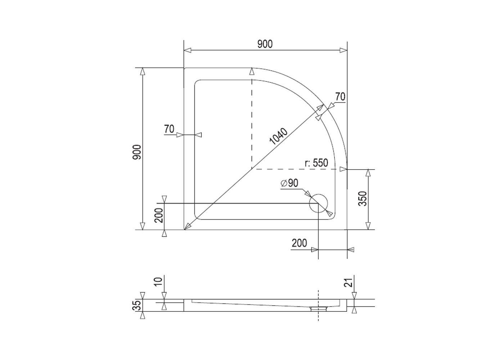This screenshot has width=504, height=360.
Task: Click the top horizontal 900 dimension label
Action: [x=265, y=44]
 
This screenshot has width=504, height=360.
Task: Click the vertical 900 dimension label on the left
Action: [x=136, y=152]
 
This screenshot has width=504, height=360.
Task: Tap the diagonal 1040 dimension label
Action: [x=279, y=136]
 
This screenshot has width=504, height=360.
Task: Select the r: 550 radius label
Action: [x=316, y=163]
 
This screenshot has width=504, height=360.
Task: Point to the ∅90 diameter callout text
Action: [x=289, y=183]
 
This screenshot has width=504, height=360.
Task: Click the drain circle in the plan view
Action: [x=318, y=203]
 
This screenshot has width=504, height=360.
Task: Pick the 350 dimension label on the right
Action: [x=363, y=199]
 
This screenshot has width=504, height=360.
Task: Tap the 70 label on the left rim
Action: [x=169, y=129]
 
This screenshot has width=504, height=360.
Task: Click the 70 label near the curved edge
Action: [x=340, y=97]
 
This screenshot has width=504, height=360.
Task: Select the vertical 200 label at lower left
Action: [x=159, y=215]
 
